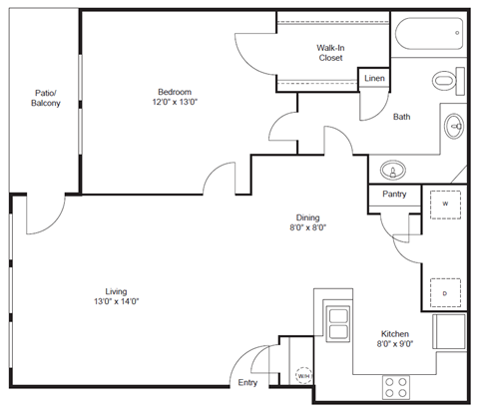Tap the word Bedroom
coord(176,90)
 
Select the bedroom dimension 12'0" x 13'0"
coord(176,102)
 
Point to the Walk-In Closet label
coord(330,52)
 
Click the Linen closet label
coord(374,78)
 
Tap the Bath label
coord(401,117)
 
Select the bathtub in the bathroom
coord(427,38)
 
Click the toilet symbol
coord(448,78)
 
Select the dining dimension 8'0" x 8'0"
coord(306,227)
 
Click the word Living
coord(116,290)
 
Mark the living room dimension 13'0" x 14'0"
coord(116,302)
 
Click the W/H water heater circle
coord(303,376)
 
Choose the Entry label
coord(247,382)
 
